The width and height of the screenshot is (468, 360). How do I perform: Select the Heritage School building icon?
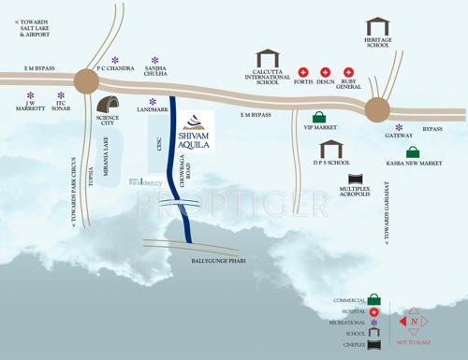(378, 27)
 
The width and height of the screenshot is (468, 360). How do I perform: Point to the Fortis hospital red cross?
(303, 72)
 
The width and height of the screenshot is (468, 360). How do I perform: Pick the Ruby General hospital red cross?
(349, 72)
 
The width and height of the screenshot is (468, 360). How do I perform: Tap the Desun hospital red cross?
(326, 72)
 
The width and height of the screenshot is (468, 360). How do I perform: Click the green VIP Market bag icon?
(320, 118)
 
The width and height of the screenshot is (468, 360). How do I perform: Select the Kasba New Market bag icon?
(413, 151)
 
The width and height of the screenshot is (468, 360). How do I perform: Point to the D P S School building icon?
(332, 149)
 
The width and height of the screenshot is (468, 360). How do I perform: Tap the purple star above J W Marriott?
(30, 95)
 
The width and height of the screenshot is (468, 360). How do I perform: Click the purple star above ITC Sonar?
(61, 95)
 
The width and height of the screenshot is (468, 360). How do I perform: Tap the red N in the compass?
(414, 322)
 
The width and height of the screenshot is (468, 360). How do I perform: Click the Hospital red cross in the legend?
(373, 310)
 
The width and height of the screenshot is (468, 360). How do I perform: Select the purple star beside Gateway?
(399, 127)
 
